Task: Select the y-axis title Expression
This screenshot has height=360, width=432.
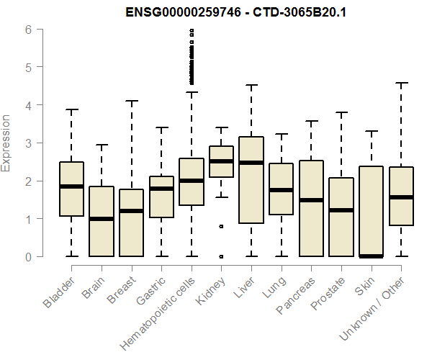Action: [7, 143]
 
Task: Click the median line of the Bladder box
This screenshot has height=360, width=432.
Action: [72, 186]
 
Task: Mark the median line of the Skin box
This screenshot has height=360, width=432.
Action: [372, 256]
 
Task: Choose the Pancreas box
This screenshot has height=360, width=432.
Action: [311, 209]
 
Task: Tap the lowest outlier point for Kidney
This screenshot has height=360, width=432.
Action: [221, 256]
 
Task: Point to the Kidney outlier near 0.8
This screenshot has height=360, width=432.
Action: [221, 226]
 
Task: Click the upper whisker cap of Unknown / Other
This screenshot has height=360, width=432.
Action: [402, 83]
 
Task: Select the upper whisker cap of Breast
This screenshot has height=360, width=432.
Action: [132, 101]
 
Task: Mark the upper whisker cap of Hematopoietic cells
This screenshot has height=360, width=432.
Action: [192, 92]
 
